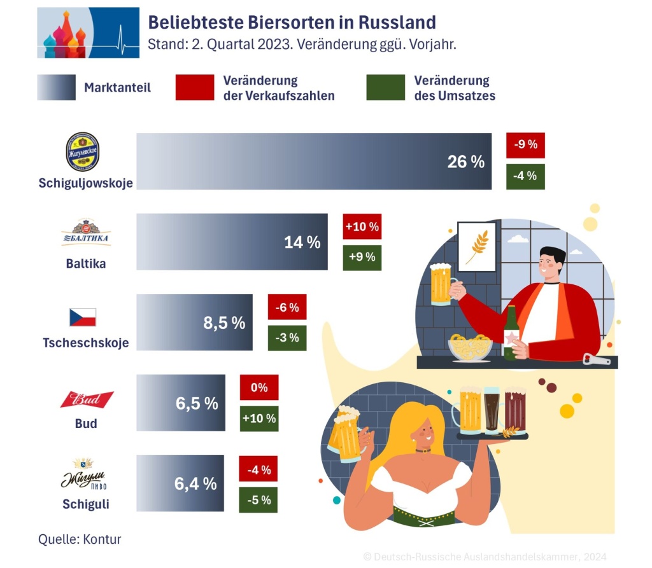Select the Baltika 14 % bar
pyautogui.click(x=232, y=242)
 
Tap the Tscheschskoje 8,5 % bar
pyautogui.click(x=194, y=322)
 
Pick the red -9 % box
pyautogui.click(x=525, y=144)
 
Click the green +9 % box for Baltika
pyautogui.click(x=362, y=258)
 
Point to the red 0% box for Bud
pyautogui.click(x=259, y=387)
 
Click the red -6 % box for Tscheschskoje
pyautogui.click(x=287, y=307)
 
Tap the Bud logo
pyautogui.click(x=87, y=399)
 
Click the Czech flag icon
pyautogui.click(x=83, y=317)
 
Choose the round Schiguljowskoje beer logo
pyautogui.click(x=83, y=151)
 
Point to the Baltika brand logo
pyautogui.click(x=86, y=233)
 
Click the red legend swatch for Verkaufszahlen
pyautogui.click(x=194, y=88)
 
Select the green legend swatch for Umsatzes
pyautogui.click(x=385, y=88)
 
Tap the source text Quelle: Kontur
pyautogui.click(x=80, y=539)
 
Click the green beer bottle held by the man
pyautogui.click(x=511, y=333)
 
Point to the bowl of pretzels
pyautogui.click(x=470, y=347)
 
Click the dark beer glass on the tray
pyautogui.click(x=492, y=410)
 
